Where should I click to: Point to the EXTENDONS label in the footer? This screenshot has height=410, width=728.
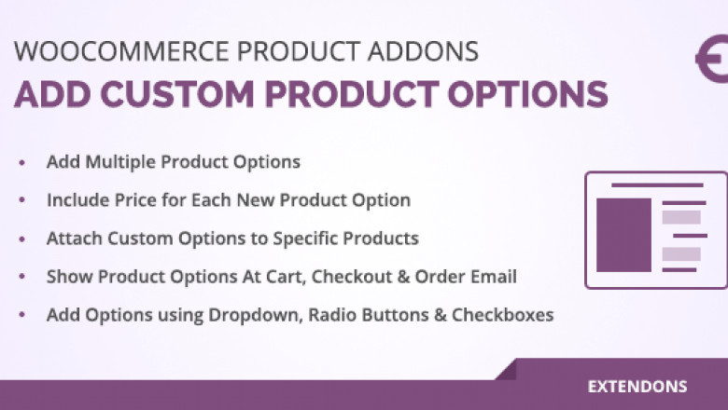(637, 386)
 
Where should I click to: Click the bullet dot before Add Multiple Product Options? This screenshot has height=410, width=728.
(22, 163)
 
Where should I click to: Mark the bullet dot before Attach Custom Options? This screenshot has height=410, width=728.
(22, 239)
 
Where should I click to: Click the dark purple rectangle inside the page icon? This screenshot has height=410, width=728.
(623, 235)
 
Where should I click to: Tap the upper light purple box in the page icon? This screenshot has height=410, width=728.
(681, 217)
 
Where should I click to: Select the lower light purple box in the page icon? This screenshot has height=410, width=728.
(681, 253)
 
